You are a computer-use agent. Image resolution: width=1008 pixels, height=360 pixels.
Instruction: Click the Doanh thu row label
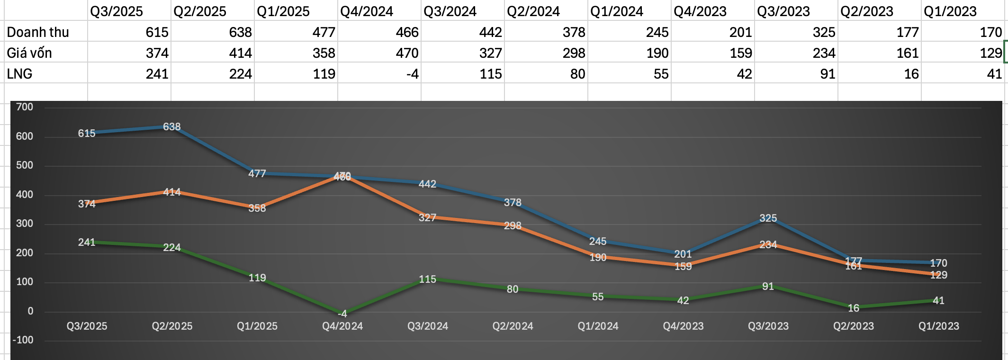(x=38, y=32)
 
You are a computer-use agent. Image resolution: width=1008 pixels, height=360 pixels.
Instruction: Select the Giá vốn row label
(x=29, y=53)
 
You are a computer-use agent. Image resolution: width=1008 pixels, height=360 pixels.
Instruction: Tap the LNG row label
(x=20, y=74)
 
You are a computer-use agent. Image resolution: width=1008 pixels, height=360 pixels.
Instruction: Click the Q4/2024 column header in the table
(x=367, y=11)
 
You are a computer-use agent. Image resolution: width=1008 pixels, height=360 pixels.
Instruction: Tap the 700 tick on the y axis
(x=25, y=107)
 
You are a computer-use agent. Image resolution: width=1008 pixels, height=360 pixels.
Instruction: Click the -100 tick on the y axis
(x=23, y=340)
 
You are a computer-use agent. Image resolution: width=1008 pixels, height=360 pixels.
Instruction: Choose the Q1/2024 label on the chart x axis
(x=598, y=326)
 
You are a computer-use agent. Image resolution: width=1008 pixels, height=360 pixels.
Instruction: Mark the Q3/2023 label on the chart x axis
(x=768, y=326)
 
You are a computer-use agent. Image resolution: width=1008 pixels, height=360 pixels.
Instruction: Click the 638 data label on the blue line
(x=172, y=126)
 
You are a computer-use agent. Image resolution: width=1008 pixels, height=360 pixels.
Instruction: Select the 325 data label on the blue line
(x=768, y=218)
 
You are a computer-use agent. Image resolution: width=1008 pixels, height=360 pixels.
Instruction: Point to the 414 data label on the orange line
(x=172, y=192)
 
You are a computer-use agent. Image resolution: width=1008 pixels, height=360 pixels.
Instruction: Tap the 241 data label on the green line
(x=87, y=242)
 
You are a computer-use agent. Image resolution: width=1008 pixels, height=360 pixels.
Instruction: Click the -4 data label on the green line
(x=342, y=314)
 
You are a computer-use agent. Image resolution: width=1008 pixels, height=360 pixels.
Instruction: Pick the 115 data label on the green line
(x=427, y=279)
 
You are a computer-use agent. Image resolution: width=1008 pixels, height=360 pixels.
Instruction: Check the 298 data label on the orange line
(x=513, y=225)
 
